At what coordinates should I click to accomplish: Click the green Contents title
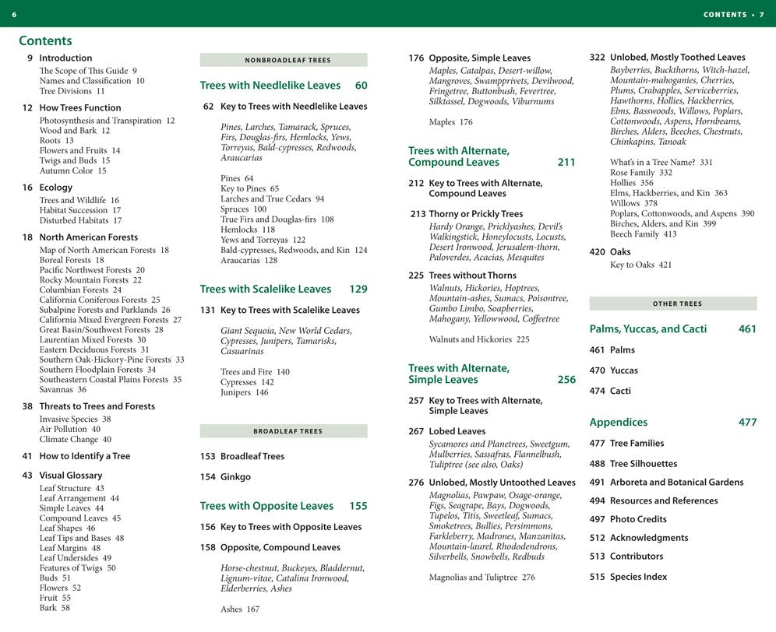45,40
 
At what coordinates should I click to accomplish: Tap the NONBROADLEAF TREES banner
284,60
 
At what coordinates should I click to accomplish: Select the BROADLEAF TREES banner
284,431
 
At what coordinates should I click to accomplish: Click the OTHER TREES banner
673,304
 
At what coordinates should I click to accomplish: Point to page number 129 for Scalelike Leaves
358,290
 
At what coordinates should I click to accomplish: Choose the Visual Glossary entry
70,476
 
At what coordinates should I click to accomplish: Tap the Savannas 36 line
62,390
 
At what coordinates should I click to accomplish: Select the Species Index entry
638,577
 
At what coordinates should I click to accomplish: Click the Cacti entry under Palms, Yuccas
620,391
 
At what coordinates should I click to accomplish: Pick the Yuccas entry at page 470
623,370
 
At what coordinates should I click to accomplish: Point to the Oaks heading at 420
620,252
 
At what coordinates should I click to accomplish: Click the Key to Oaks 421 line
640,265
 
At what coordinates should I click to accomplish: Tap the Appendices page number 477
747,423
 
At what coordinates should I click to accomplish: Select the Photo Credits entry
638,519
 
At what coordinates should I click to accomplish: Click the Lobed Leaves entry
457,431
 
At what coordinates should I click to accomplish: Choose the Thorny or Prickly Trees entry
475,214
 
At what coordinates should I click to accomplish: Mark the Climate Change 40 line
75,440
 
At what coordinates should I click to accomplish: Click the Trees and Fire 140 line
255,372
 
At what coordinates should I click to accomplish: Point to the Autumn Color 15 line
72,171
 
